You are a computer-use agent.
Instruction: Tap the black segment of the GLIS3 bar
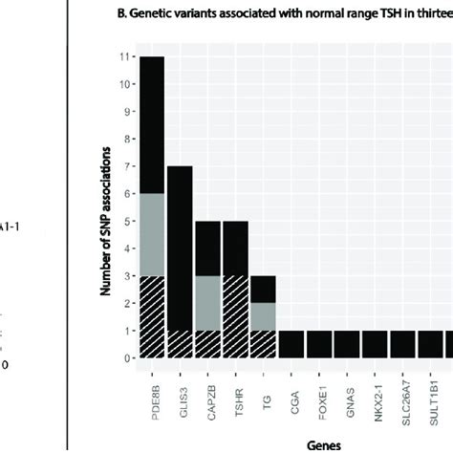coord(181,248)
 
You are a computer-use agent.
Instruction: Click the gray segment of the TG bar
coord(264,316)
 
